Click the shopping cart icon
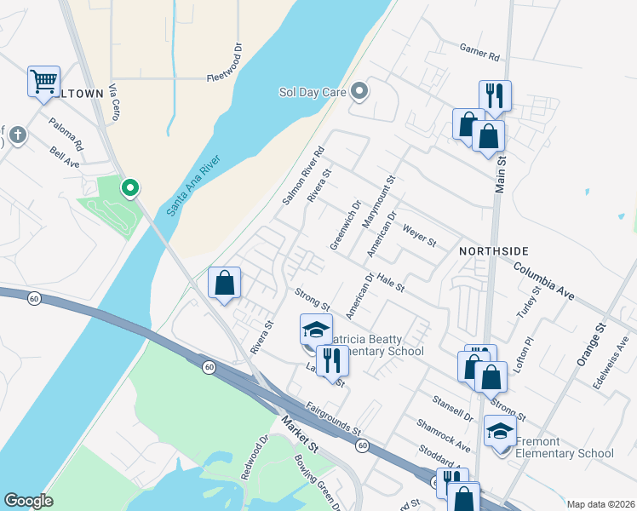click(43, 82)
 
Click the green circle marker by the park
click(129, 187)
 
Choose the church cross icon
click(15, 135)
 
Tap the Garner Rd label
click(479, 55)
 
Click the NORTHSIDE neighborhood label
click(494, 251)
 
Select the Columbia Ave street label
click(545, 278)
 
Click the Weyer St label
click(419, 237)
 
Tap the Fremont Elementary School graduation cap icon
click(500, 431)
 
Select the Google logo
click(28, 501)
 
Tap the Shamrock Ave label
click(443, 434)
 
